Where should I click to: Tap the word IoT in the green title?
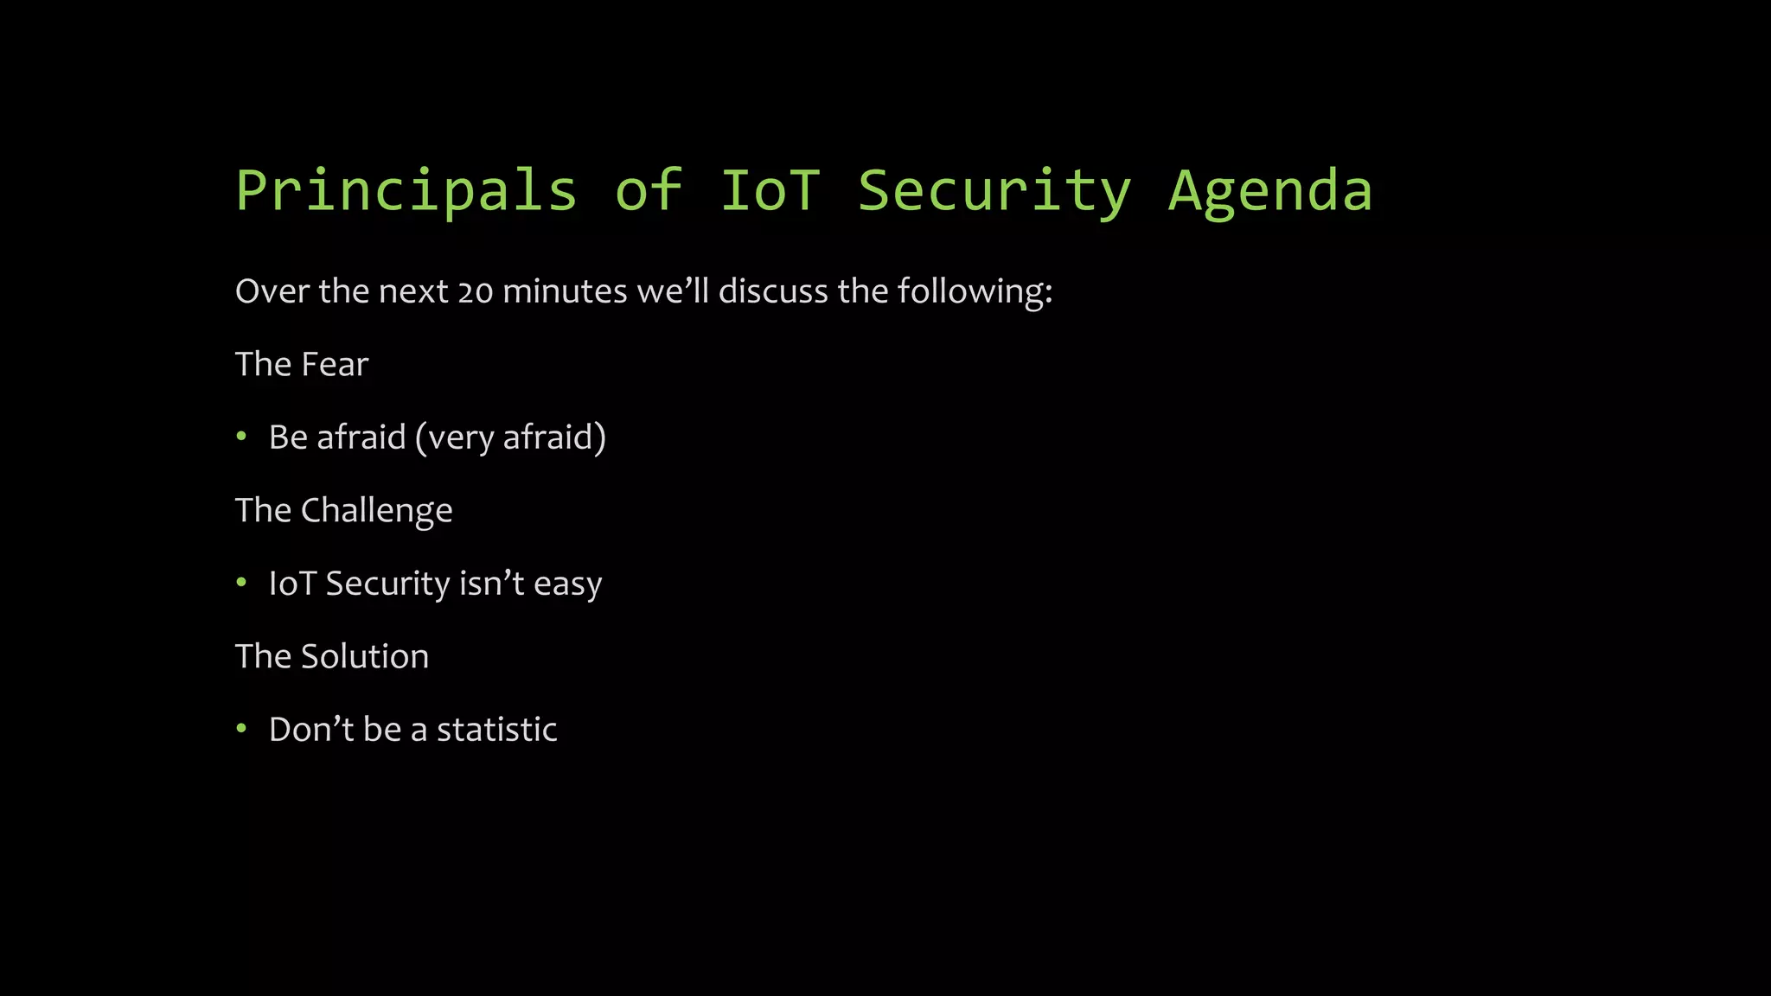coord(770,192)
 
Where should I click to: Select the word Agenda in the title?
coord(1270,192)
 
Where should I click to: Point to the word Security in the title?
coord(994,192)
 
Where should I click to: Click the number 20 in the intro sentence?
coord(475,292)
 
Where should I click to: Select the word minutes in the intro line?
coord(565,291)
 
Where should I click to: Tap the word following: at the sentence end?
coord(975,292)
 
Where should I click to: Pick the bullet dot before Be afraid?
coord(242,437)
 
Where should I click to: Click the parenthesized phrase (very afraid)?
coord(510,437)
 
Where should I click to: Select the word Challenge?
coord(376,511)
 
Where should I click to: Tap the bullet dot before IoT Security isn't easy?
coord(242,583)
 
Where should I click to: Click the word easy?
coord(567,585)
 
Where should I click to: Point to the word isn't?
coord(491,584)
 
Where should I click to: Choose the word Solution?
coord(364,657)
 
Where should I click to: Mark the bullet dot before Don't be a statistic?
coord(242,729)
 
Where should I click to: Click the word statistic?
coord(496,730)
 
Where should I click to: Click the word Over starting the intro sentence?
coord(272,291)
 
